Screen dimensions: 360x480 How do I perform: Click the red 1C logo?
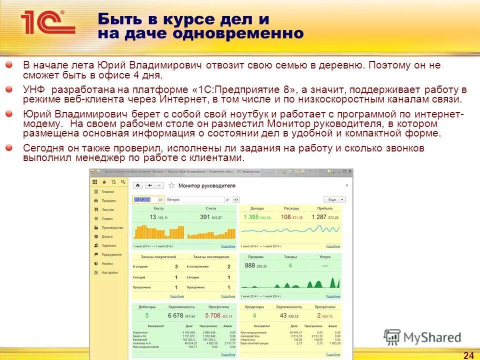coord(47,22)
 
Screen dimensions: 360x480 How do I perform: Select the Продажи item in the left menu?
coord(108,200)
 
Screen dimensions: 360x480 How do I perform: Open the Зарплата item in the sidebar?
coord(108,245)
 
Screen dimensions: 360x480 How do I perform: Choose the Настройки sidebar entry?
coord(109,272)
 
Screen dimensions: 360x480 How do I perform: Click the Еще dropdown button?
coord(334,199)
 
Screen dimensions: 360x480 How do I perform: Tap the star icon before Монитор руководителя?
coord(171,185)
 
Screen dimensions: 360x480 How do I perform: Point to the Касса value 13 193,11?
coord(158,217)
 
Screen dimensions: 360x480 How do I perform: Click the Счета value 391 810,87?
coord(210,217)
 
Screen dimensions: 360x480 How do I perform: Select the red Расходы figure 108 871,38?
coord(291,217)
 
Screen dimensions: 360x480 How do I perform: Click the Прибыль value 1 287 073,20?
coord(324,217)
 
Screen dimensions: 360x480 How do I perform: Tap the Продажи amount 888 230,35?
coord(256,266)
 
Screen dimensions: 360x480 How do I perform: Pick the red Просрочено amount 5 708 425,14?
coord(218,315)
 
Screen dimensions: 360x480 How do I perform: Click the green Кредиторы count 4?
coord(254,315)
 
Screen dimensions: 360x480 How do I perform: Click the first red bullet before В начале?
coord(9,65)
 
